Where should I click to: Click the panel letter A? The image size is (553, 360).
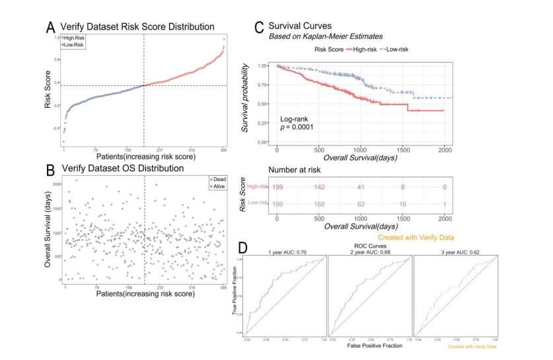pos(50,27)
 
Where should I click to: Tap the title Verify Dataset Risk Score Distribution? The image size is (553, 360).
pos(137,27)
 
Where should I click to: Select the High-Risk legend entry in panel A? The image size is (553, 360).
pos(74,39)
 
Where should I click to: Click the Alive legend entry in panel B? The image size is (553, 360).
pos(217,187)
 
